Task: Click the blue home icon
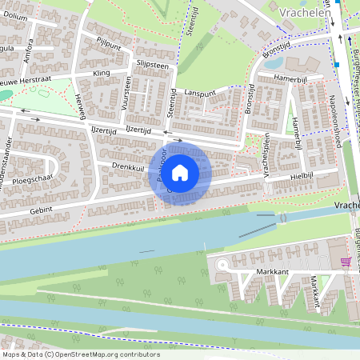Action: point(180,173)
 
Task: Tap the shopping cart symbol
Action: point(346,262)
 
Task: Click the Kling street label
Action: point(102,73)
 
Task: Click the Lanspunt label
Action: point(199,93)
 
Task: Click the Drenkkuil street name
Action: point(127,166)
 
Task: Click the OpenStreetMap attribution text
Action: point(80,354)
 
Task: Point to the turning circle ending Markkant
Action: point(222,264)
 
